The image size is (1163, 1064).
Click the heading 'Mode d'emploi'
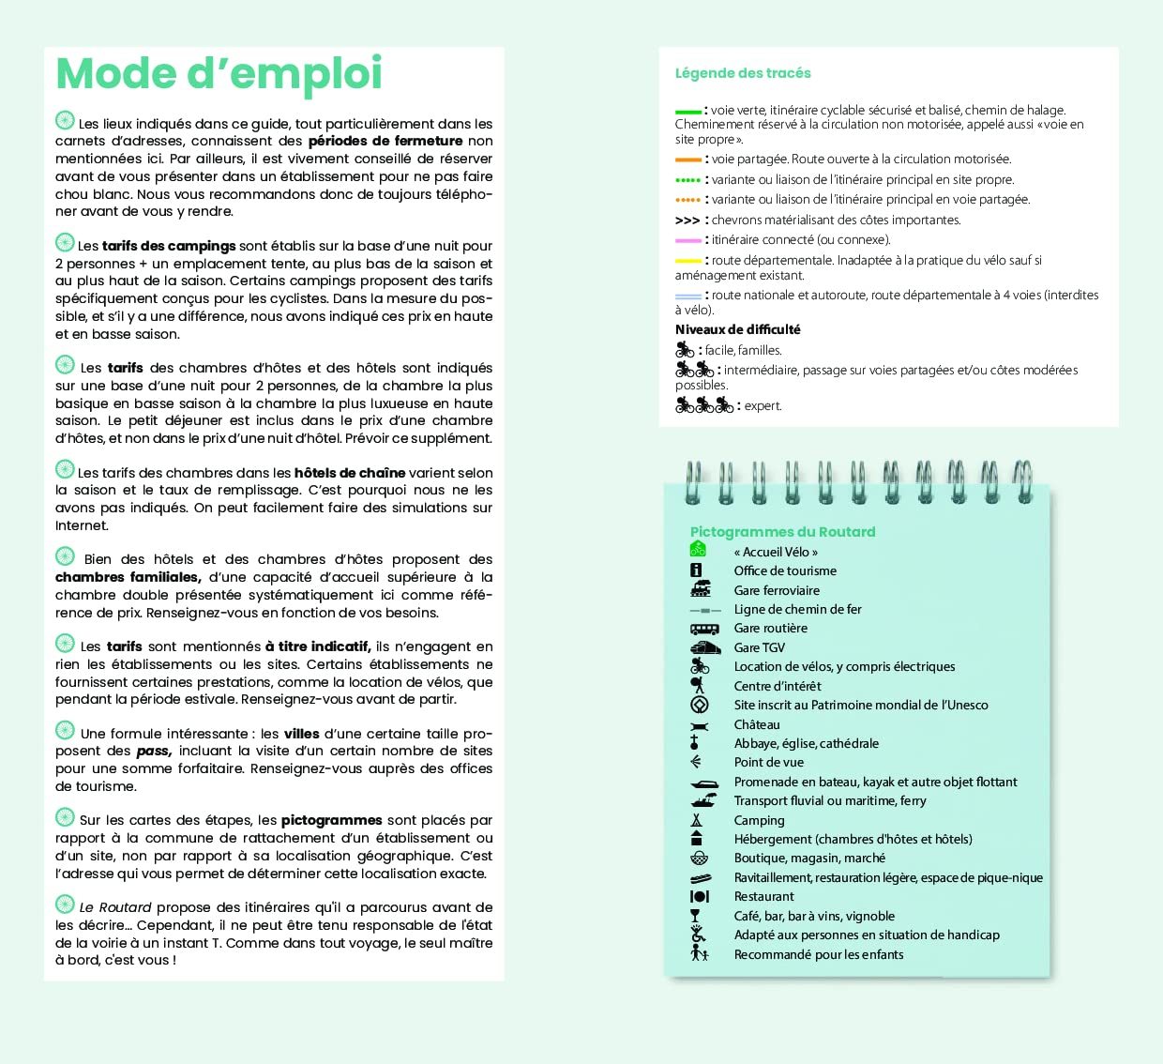[x=219, y=74]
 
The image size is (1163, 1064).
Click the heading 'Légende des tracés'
[x=743, y=73]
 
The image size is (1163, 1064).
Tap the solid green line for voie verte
[x=687, y=112]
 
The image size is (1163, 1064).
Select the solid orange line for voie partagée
[x=687, y=160]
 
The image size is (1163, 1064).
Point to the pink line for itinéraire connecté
[x=687, y=240]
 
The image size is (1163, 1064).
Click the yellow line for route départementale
[x=687, y=261]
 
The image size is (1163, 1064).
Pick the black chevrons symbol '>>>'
[x=687, y=220]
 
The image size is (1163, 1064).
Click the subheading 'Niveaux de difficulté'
[x=737, y=329]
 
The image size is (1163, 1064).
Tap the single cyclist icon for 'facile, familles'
[x=685, y=350]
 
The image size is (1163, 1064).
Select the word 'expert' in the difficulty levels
[x=763, y=406]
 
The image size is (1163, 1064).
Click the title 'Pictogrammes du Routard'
[x=782, y=532]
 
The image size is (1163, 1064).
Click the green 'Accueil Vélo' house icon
[x=698, y=550]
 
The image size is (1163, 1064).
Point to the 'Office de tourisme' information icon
[x=696, y=570]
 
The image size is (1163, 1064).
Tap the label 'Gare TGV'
[x=759, y=647]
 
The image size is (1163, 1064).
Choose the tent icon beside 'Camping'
[x=697, y=820]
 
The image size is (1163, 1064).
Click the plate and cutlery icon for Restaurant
[x=699, y=896]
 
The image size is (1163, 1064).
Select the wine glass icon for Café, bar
[x=696, y=916]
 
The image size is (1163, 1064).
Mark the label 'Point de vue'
[x=768, y=762]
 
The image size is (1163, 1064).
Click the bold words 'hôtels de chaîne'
[x=350, y=473]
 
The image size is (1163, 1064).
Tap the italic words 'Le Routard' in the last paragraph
[x=115, y=907]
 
